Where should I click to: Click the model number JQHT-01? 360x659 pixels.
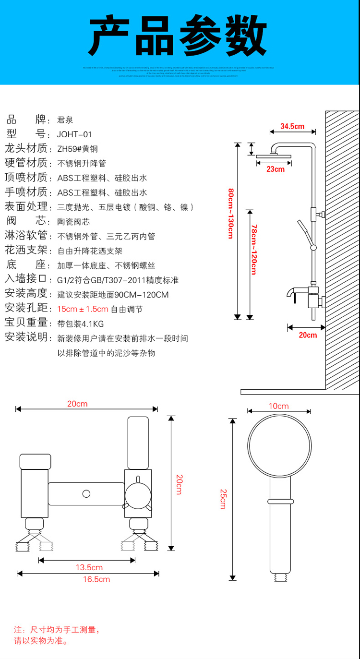[74, 134]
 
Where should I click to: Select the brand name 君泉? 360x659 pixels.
[65, 120]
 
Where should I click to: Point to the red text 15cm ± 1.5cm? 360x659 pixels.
[83, 309]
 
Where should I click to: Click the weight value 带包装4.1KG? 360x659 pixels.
[80, 324]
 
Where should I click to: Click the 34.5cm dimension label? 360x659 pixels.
[292, 127]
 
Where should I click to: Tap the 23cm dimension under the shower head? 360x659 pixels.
[275, 169]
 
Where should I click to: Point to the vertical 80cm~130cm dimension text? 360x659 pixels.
[231, 213]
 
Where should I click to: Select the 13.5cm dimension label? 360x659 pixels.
[89, 568]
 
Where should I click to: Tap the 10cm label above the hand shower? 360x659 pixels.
[278, 406]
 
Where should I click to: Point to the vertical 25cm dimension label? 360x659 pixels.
[223, 499]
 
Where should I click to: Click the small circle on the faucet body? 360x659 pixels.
[86, 493]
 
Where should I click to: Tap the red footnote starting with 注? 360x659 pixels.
[57, 635]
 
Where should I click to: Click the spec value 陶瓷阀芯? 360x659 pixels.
[73, 222]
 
